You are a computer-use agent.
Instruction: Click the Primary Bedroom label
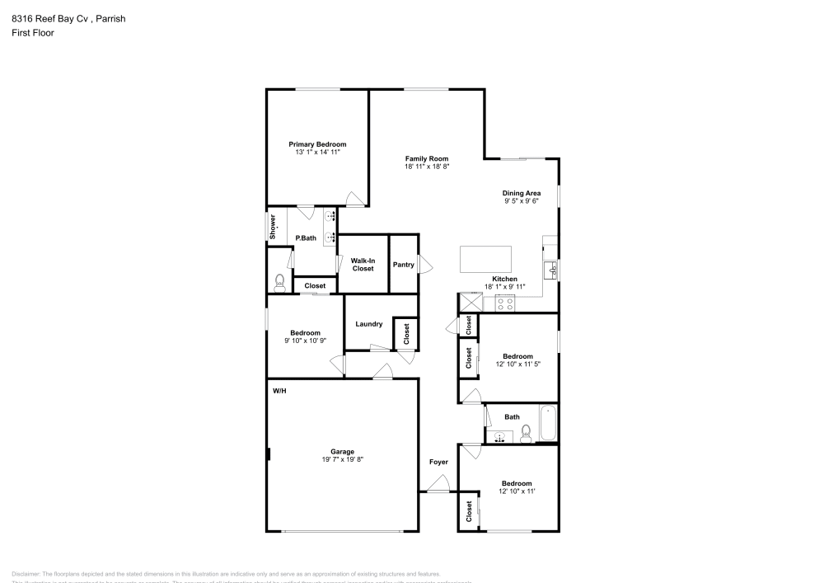(317, 144)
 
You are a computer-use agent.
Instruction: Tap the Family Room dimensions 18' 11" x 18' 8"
(426, 167)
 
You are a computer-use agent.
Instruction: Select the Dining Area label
(522, 193)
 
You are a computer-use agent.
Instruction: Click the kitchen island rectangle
(486, 259)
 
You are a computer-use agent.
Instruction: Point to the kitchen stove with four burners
(505, 303)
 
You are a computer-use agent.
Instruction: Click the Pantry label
(403, 265)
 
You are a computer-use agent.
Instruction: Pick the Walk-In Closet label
(363, 265)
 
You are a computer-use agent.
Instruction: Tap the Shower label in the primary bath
(273, 228)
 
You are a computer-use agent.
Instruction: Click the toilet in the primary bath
(280, 282)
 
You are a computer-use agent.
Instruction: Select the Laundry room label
(368, 324)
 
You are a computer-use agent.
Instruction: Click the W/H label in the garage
(280, 390)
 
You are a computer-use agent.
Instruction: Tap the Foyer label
(438, 462)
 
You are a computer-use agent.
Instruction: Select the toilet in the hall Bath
(526, 430)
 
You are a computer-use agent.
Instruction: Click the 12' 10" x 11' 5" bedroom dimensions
(517, 364)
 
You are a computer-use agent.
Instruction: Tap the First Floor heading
(33, 33)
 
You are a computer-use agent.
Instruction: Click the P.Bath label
(306, 238)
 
